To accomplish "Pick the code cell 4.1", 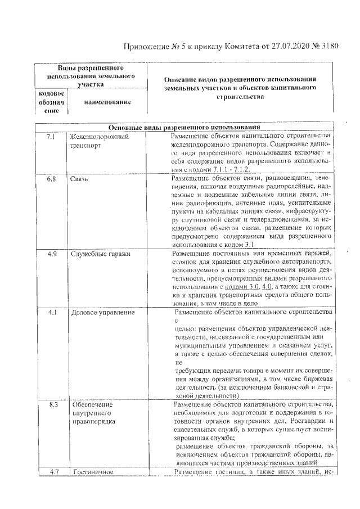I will coord(52,312).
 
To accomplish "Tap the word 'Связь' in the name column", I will coord(79,179).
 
